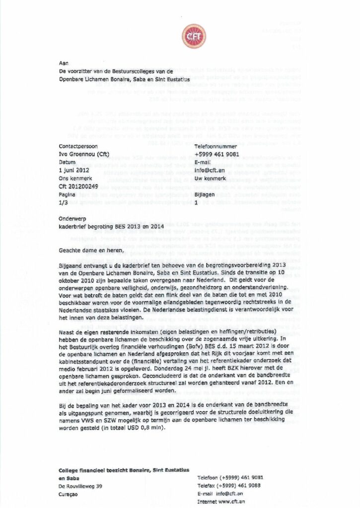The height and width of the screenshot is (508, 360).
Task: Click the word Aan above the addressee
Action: coord(63,63)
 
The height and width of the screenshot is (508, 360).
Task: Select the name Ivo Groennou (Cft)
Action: coord(87,154)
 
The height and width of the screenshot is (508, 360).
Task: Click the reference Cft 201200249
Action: coord(83,186)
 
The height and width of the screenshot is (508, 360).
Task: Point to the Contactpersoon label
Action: coord(78,146)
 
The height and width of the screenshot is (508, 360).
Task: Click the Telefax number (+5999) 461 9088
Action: coord(234,486)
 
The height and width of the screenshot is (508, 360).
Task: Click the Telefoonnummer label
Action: coord(217,146)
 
